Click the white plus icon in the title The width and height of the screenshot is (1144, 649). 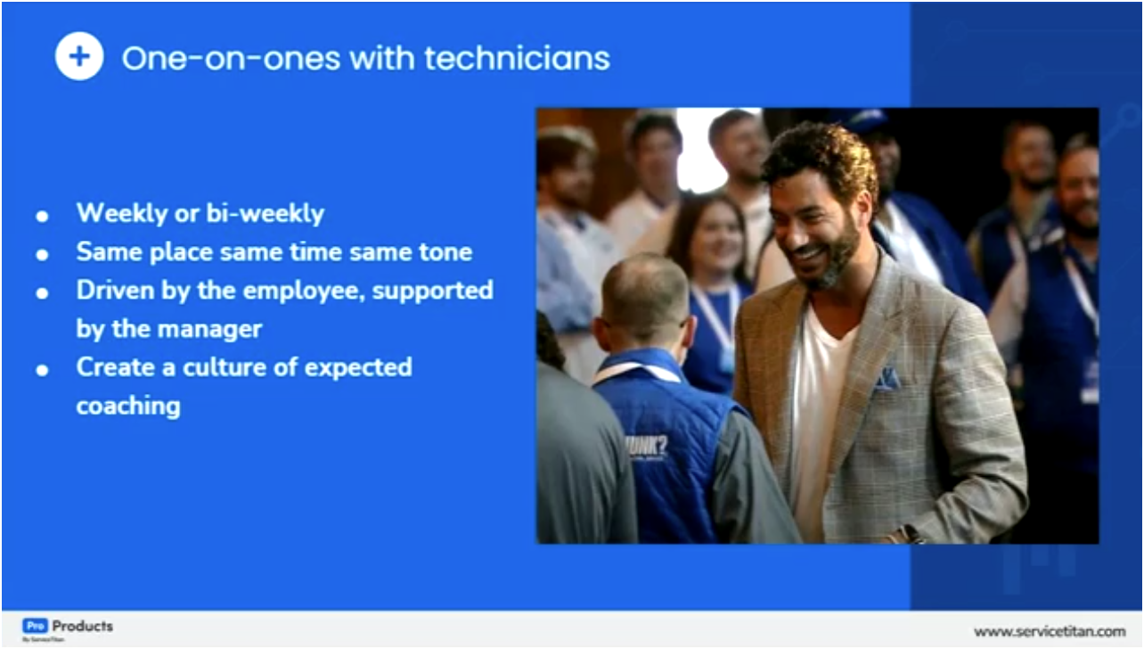pos(79,56)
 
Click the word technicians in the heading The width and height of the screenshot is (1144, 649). pos(517,58)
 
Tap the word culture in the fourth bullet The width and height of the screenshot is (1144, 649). pos(234,367)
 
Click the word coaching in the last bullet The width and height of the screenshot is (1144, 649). pos(128,406)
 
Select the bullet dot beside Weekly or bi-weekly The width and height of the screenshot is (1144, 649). pos(42,217)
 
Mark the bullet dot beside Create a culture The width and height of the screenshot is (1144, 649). pos(42,369)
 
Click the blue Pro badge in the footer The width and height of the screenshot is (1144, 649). pos(34,626)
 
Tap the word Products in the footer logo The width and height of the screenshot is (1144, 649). pos(83,626)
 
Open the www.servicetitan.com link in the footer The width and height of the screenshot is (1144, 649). pos(1049,631)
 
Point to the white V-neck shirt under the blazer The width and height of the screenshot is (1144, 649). pos(817,401)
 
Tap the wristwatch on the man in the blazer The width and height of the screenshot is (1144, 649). pos(911,534)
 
